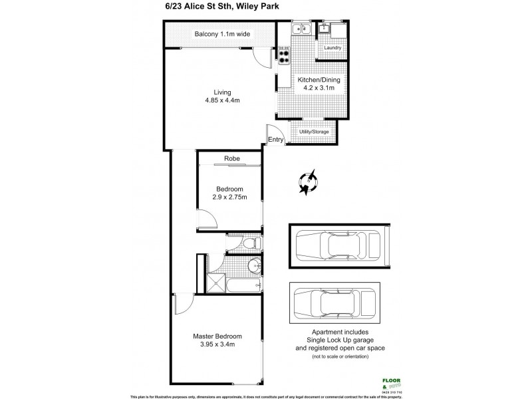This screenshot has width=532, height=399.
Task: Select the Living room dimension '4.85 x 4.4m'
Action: (222, 100)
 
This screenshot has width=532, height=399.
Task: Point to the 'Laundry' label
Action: (332, 49)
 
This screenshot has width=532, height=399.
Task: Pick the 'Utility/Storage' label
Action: (315, 132)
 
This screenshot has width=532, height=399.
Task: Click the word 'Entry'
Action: (276, 140)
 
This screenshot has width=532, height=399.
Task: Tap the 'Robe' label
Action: (231, 158)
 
